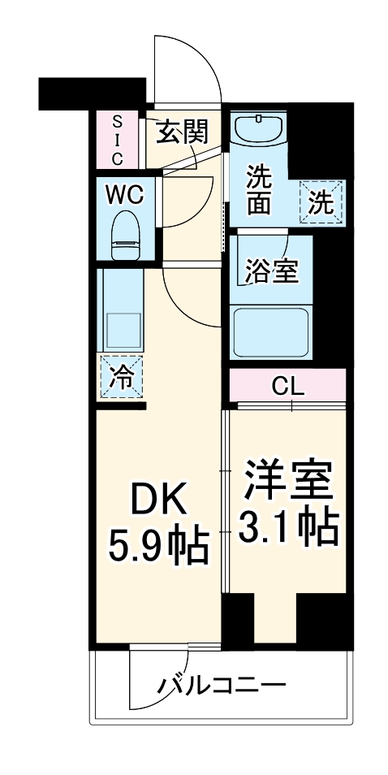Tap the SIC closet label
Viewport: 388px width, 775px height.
click(118, 139)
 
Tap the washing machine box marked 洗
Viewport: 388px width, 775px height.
click(322, 201)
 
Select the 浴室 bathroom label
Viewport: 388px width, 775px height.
click(271, 271)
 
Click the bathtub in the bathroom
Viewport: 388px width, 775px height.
click(272, 331)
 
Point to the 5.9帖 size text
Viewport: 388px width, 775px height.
click(159, 547)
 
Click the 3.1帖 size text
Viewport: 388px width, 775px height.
click(287, 530)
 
